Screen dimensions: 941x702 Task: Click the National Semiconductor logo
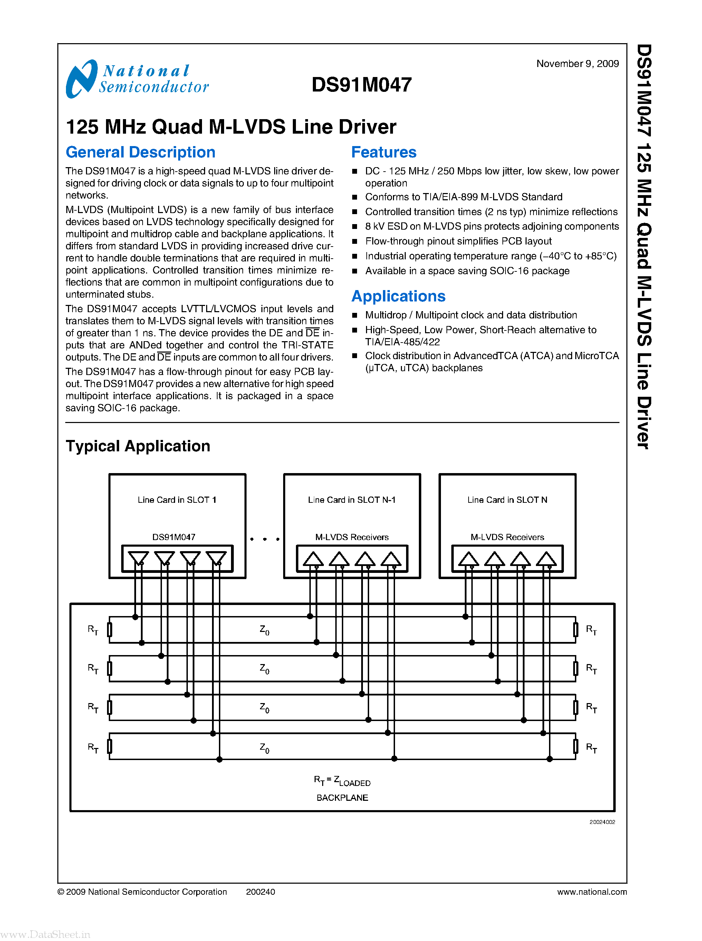click(x=137, y=79)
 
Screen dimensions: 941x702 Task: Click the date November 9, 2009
click(x=577, y=64)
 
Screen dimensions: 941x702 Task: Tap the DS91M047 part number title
click(x=361, y=85)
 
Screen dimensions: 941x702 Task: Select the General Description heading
click(x=140, y=152)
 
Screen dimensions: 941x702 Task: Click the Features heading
click(x=383, y=152)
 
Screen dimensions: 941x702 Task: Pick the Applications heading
click(x=398, y=296)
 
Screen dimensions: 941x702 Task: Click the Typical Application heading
click(x=138, y=446)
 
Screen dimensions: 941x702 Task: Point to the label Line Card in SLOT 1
click(x=177, y=500)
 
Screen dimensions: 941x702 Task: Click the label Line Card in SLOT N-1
click(x=352, y=500)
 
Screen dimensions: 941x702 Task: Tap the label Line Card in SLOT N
click(x=507, y=500)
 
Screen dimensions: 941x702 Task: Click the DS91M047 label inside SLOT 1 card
click(x=173, y=537)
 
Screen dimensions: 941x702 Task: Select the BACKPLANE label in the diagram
click(x=342, y=798)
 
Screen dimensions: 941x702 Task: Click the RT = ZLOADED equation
click(x=342, y=781)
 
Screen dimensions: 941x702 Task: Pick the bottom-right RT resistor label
click(x=591, y=748)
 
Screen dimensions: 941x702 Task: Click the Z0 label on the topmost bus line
click(x=264, y=630)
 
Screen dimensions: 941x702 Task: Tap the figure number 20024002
click(x=602, y=822)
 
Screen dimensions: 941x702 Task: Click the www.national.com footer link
click(x=592, y=892)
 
